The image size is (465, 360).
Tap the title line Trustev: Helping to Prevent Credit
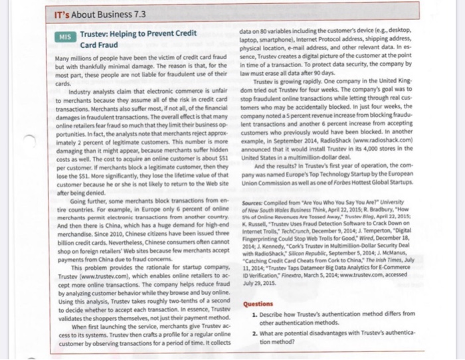(138, 33)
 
